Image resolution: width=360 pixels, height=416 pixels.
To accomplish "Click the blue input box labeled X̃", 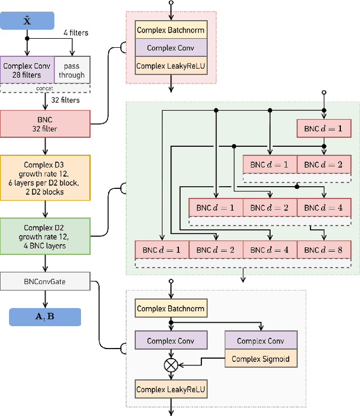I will pyautogui.click(x=27, y=22).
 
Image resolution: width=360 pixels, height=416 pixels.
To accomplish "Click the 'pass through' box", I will pyautogui.click(x=72, y=70).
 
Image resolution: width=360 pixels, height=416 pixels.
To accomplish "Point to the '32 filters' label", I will pyautogui.click(x=65, y=100).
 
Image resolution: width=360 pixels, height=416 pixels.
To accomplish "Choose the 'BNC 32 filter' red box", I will pyautogui.click(x=45, y=124).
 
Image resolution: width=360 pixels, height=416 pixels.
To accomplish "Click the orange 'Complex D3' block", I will pyautogui.click(x=45, y=178).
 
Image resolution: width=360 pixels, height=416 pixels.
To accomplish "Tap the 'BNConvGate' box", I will pyautogui.click(x=45, y=281).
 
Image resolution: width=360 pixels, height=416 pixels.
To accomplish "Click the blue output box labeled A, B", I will pyautogui.click(x=45, y=316).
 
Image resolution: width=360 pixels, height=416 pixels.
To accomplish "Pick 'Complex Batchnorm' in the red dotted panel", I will pyautogui.click(x=171, y=30).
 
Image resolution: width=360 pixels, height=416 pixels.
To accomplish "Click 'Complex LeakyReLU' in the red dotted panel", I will pyautogui.click(x=171, y=66).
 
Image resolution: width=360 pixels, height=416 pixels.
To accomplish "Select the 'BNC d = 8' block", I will pyautogui.click(x=323, y=249).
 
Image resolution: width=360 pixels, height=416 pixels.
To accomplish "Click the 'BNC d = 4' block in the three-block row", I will pyautogui.click(x=323, y=207).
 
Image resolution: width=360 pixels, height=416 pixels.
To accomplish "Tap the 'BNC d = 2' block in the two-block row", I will pyautogui.click(x=323, y=164).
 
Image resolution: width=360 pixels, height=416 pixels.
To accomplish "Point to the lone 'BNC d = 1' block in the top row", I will pyautogui.click(x=323, y=129).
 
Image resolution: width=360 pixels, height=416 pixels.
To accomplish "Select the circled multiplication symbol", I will pyautogui.click(x=171, y=365).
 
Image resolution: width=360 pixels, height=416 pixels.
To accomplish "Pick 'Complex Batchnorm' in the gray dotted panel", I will pyautogui.click(x=171, y=308).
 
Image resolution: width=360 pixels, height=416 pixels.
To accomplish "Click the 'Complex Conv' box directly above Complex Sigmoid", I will pyautogui.click(x=260, y=341).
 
